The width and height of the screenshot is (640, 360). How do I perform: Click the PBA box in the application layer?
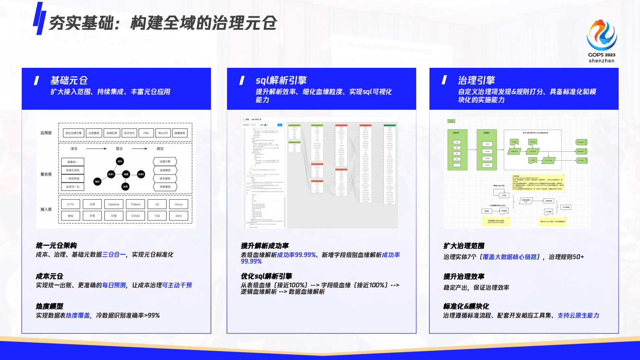[x=146, y=133]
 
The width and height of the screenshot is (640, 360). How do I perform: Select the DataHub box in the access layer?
[x=114, y=204]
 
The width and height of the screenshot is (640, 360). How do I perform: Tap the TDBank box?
[x=136, y=204]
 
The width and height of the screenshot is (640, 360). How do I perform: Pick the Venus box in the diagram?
[x=179, y=204]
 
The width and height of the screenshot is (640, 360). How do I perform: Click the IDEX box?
[x=179, y=216]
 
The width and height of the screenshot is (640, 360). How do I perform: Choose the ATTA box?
[x=71, y=204]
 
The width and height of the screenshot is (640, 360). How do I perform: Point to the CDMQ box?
[x=136, y=216]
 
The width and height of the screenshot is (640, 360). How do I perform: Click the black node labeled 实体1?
[x=111, y=174]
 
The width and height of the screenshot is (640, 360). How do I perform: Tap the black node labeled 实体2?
[x=141, y=174]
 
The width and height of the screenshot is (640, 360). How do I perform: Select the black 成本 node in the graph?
[x=120, y=161]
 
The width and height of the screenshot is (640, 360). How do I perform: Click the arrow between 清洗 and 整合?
[x=97, y=149]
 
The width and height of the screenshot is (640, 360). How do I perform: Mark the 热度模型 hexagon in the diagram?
[x=165, y=187]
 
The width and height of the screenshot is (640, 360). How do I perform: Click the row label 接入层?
[x=46, y=209]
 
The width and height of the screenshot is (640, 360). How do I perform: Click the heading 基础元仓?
[x=69, y=80]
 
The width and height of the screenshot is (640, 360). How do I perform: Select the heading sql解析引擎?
[x=281, y=80]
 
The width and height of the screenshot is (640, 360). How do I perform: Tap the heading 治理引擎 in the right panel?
[x=476, y=80]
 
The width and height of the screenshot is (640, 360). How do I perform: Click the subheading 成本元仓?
[x=50, y=276]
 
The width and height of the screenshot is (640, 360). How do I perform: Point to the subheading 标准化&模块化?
[x=466, y=306]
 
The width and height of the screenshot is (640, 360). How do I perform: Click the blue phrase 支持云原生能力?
[x=578, y=316]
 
